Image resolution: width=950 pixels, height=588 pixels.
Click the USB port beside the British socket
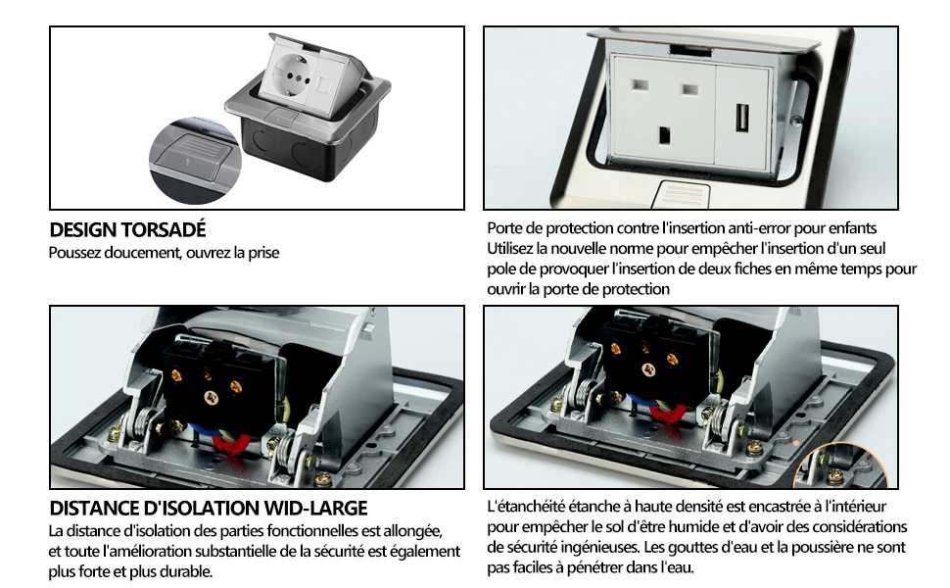point(742,118)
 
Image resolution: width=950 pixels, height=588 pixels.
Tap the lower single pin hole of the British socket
point(665,134)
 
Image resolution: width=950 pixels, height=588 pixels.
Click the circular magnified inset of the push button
point(195,160)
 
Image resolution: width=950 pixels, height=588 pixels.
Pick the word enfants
point(847,228)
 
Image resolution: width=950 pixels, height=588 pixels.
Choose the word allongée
point(412,531)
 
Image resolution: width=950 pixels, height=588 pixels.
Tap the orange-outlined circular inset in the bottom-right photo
point(840,466)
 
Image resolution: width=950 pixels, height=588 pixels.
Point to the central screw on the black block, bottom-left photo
point(212,398)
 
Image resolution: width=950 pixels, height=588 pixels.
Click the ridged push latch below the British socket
point(683,194)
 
